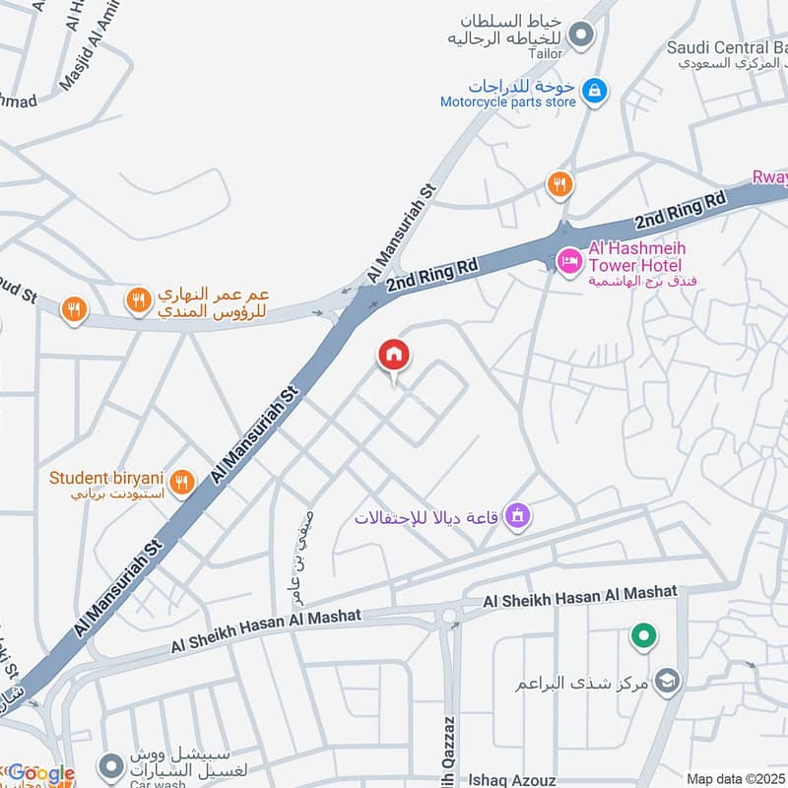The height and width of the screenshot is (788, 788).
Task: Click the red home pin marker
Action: tap(394, 356)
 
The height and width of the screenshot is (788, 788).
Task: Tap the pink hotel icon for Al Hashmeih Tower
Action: tap(568, 262)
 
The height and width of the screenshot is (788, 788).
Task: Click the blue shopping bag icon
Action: tap(593, 92)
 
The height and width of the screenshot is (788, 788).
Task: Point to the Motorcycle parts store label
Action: tap(507, 101)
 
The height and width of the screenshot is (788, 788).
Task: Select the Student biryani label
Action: tap(106, 478)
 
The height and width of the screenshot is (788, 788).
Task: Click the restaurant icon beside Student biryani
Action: tap(180, 483)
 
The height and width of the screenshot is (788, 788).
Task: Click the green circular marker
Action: tap(644, 636)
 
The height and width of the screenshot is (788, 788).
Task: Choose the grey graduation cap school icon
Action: tap(668, 682)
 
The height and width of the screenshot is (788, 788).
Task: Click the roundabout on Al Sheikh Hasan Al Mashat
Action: tap(450, 616)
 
